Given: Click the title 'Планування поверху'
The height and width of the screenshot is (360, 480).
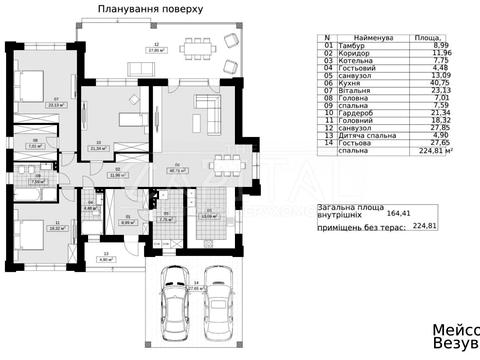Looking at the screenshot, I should (x=149, y=8).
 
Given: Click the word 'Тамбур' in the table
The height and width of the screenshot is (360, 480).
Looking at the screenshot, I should (x=355, y=45).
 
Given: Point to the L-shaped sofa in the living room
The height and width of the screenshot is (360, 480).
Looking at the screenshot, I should (x=207, y=107).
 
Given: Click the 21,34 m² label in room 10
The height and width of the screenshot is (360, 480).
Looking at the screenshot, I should (x=96, y=147).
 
